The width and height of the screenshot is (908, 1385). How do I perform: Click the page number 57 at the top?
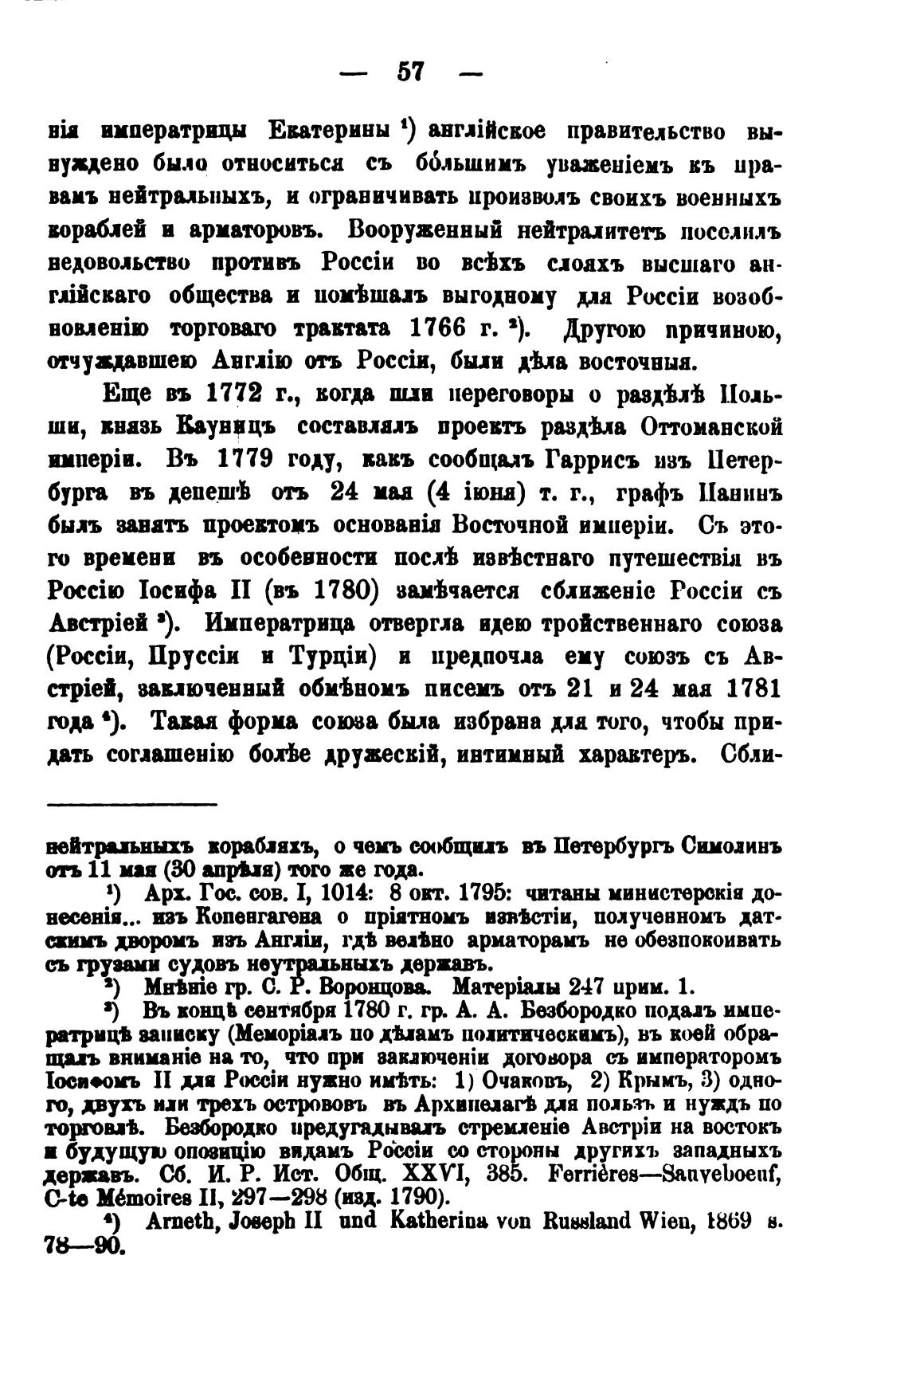tap(411, 73)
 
